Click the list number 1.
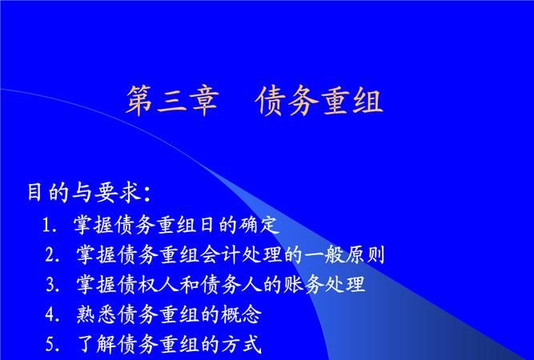pos(49,225)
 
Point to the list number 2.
pos(51,255)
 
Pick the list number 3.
pos(51,285)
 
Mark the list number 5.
pos(51,345)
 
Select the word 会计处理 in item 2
pos(240,255)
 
